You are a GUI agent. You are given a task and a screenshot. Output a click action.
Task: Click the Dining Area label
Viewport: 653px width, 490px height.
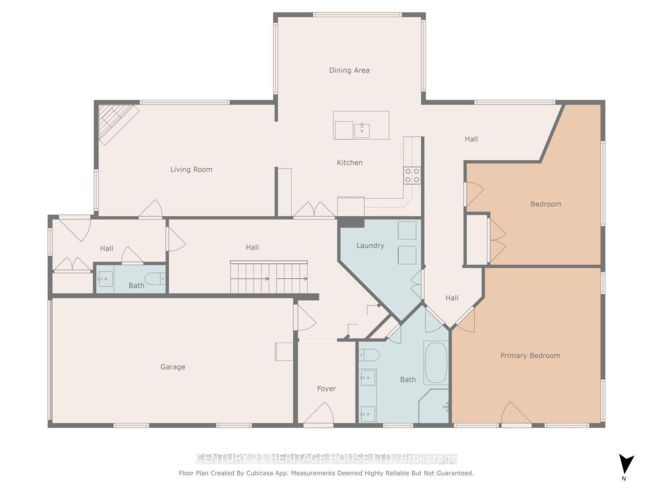click(349, 70)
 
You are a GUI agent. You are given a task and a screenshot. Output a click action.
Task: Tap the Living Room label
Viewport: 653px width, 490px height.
click(191, 169)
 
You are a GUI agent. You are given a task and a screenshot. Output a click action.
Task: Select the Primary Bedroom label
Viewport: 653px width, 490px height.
click(530, 356)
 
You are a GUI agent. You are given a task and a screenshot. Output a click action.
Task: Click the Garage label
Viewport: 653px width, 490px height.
click(172, 367)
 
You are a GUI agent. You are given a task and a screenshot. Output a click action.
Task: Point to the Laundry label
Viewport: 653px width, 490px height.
click(370, 246)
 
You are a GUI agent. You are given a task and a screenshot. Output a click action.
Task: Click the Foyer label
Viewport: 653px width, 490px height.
click(326, 389)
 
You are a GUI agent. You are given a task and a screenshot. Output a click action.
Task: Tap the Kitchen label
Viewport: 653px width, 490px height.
click(349, 163)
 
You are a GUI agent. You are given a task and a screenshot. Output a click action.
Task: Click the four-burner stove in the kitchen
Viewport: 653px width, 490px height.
click(412, 176)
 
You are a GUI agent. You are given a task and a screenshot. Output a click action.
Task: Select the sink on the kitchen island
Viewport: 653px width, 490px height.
click(362, 130)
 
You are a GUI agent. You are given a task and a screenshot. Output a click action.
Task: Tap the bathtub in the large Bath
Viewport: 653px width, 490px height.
click(436, 363)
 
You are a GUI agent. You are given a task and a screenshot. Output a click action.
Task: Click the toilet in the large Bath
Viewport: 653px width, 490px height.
click(369, 354)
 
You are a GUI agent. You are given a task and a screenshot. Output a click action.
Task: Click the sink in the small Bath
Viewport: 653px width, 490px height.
click(106, 279)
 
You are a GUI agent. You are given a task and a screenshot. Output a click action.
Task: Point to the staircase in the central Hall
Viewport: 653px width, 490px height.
click(269, 278)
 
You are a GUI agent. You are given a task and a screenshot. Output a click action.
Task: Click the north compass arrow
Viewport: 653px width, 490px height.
click(626, 464)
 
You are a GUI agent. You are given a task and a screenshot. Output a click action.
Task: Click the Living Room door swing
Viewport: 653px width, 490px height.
click(151, 210)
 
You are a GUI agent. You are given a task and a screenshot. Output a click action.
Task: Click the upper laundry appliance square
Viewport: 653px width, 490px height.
click(407, 230)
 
